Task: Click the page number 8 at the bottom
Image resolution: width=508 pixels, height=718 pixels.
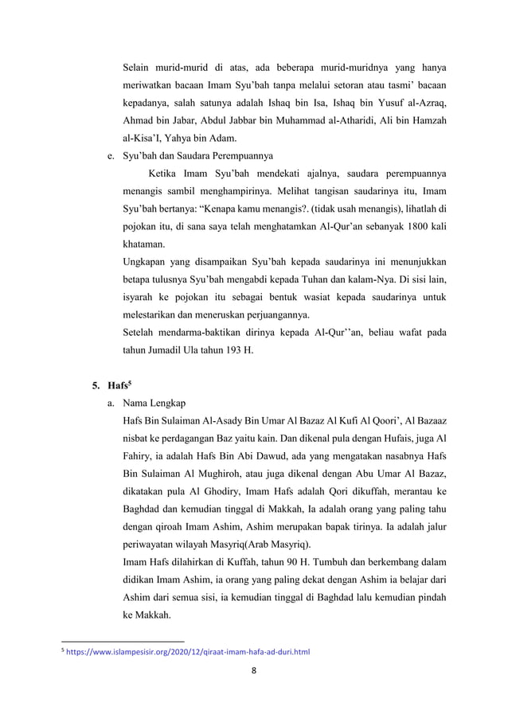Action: (253, 669)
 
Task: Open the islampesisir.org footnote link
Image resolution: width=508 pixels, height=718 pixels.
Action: (188, 651)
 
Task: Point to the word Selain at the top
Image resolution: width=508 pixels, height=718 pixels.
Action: (137, 65)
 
